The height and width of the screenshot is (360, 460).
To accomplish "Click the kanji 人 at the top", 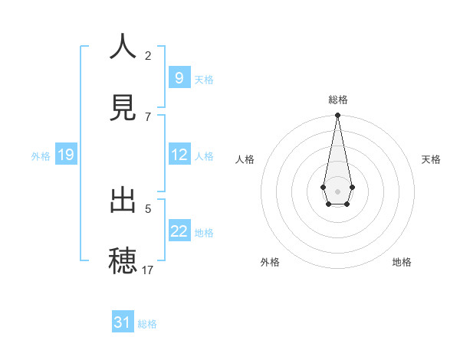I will click(x=123, y=47).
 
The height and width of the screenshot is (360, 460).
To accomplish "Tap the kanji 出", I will click(x=123, y=201).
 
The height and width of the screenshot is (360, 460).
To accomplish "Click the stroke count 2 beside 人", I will click(x=148, y=56).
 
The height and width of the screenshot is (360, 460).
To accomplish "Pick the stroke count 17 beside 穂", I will click(x=148, y=270).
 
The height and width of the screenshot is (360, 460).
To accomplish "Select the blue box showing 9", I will click(x=179, y=78).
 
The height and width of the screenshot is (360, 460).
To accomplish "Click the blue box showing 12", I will click(x=179, y=155).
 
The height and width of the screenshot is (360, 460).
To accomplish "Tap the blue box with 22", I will click(x=179, y=231).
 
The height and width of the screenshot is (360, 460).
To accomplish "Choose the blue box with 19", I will click(x=65, y=155).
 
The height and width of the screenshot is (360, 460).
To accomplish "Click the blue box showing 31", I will click(x=122, y=322).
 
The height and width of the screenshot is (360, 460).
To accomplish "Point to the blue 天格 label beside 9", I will click(x=204, y=79).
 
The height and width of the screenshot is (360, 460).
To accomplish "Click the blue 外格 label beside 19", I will click(x=41, y=155).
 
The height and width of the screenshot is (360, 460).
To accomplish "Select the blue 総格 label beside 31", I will click(x=147, y=323).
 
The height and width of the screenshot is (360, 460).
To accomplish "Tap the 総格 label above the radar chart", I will click(x=338, y=100).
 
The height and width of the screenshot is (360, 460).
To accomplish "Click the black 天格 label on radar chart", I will click(x=431, y=159).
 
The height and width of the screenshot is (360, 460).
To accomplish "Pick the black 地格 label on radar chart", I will click(x=402, y=262).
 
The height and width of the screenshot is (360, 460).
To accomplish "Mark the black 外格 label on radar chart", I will click(x=270, y=262).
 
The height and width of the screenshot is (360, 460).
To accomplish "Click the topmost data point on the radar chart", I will click(x=337, y=116).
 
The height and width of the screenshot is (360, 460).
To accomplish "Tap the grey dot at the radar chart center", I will click(x=337, y=190).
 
